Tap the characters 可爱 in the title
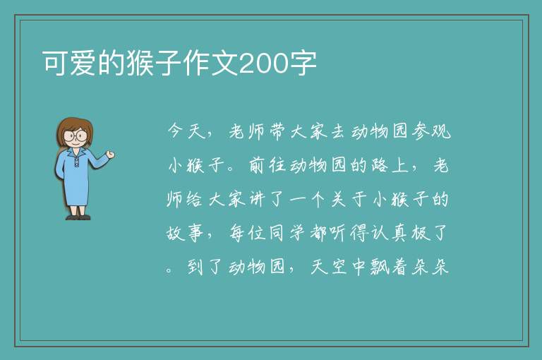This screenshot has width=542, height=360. (69, 64)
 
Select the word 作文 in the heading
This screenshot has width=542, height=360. (210, 64)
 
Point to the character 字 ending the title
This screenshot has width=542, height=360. (303, 64)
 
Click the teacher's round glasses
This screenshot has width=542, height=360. (75, 135)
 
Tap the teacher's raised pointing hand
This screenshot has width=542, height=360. (110, 155)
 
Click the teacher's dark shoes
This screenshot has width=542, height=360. (78, 217)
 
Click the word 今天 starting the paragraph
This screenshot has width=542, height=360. (186, 131)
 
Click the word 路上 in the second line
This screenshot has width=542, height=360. (390, 165)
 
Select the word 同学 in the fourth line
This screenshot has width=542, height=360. (288, 233)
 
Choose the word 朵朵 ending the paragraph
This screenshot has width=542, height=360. (430, 267)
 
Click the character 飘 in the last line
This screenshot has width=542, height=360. (380, 267)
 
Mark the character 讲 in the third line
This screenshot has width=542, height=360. (257, 199)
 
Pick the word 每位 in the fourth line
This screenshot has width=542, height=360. (247, 233)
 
